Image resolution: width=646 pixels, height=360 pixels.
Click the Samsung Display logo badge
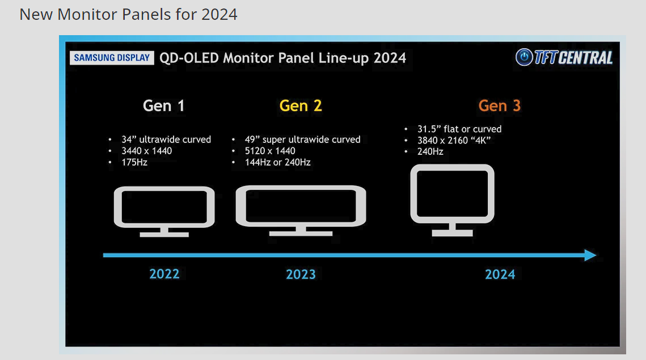click(x=112, y=58)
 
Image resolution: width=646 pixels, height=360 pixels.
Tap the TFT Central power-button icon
click(x=524, y=57)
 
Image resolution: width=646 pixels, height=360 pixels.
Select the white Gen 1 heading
click(x=163, y=106)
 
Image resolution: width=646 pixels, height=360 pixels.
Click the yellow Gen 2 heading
click(x=301, y=106)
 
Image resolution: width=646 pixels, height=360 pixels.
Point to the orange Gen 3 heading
click(x=499, y=106)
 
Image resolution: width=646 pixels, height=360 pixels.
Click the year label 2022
click(x=164, y=274)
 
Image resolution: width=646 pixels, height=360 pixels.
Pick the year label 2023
click(x=301, y=274)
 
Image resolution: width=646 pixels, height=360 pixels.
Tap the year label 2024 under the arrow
click(x=500, y=274)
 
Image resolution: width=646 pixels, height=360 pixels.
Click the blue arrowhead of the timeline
click(x=590, y=255)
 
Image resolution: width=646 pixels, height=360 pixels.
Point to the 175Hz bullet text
click(x=134, y=162)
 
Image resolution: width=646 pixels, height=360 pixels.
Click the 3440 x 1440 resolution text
click(x=147, y=151)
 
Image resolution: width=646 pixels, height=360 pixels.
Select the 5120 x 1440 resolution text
click(x=270, y=151)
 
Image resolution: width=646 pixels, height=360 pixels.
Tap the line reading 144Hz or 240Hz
click(x=278, y=162)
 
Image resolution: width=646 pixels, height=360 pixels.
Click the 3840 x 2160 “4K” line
click(x=454, y=141)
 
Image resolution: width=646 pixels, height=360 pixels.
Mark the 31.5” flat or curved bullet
click(x=459, y=129)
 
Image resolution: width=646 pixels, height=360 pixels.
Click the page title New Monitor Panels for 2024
click(x=129, y=14)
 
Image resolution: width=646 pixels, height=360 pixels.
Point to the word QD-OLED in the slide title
click(x=189, y=58)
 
